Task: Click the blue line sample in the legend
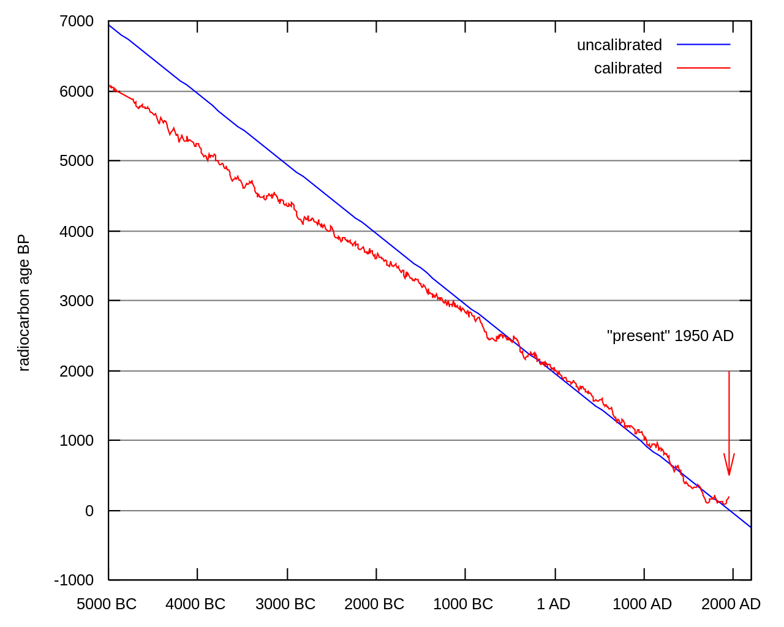point(703,44)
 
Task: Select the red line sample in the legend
point(703,67)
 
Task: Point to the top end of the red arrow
point(729,372)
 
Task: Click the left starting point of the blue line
point(110,26)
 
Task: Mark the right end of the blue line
point(749,526)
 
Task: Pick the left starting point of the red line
point(110,86)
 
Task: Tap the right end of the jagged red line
point(729,497)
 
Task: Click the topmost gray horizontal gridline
point(429,92)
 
